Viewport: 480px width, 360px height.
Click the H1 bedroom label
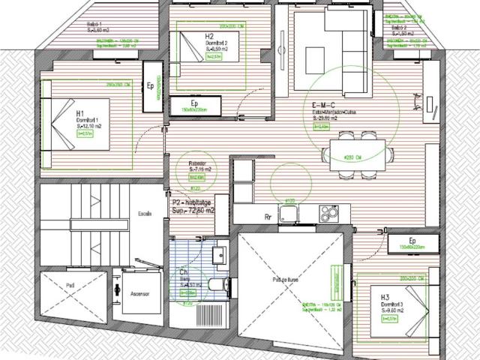pos(80,113)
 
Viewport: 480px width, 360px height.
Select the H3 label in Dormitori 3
pos(385,297)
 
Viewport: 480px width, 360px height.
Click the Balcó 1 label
pos(95,24)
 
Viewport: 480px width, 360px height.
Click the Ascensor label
pos(136,293)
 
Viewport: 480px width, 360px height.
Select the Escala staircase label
pos(144,213)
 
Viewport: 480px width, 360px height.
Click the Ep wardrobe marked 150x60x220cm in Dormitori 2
pos(194,106)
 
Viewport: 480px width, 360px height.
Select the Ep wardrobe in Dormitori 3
pos(412,243)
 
